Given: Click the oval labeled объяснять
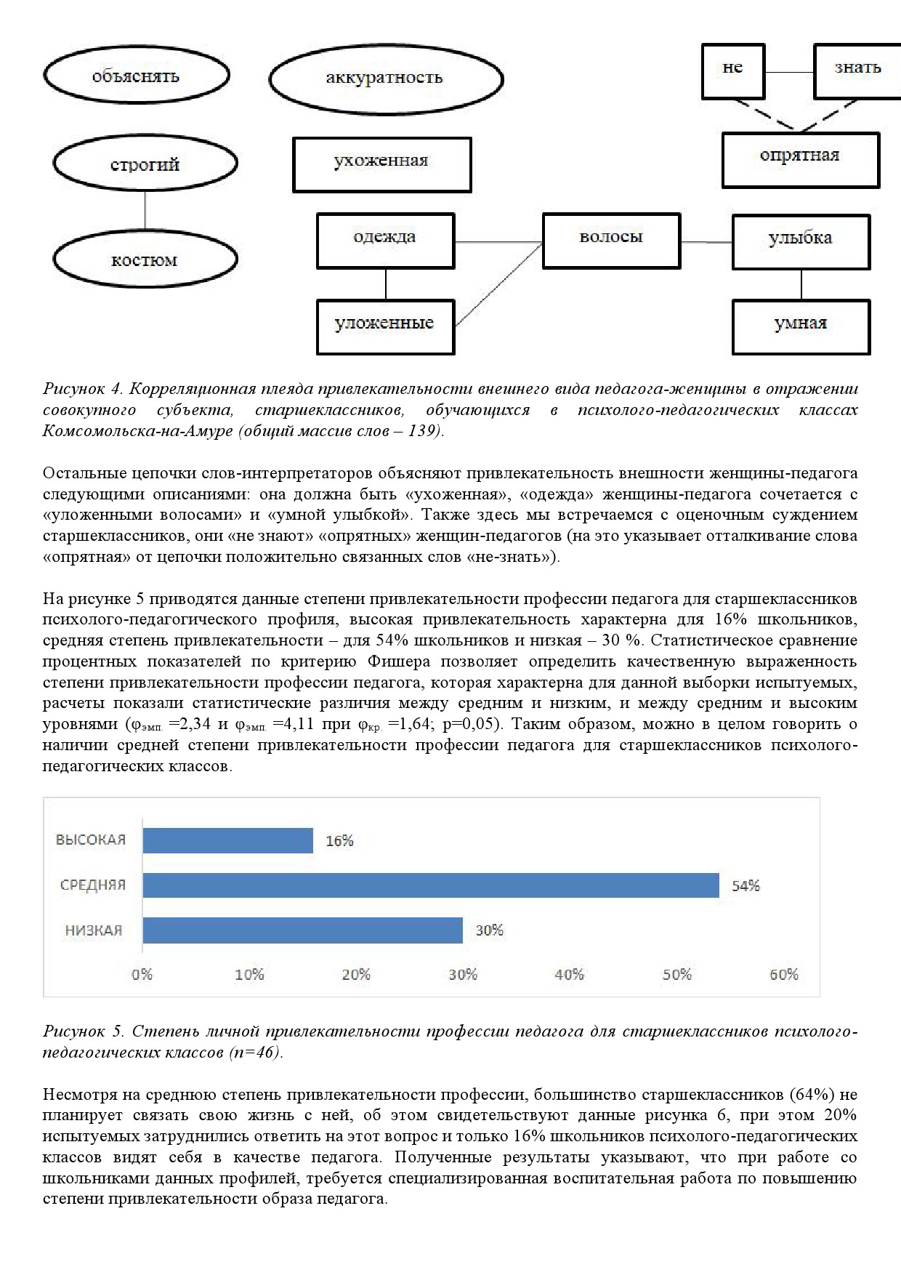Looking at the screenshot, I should pyautogui.click(x=136, y=76).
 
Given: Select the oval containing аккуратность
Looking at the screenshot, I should pyautogui.click(x=385, y=79).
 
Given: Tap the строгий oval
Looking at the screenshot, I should pyautogui.click(x=145, y=165).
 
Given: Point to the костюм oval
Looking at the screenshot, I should pyautogui.click(x=145, y=260).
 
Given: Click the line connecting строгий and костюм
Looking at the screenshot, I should pyautogui.click(x=145, y=212).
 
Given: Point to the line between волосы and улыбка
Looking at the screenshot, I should pyautogui.click(x=706, y=241).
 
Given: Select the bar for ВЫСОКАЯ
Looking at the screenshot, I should pyautogui.click(x=227, y=840).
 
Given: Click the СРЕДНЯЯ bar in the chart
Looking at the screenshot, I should pyautogui.click(x=430, y=885).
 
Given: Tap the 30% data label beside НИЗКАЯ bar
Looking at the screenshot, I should pyautogui.click(x=489, y=930).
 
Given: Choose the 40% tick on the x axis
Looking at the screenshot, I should pyautogui.click(x=569, y=975).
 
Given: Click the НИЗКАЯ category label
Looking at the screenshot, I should pyautogui.click(x=94, y=930).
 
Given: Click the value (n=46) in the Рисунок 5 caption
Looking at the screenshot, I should pyautogui.click(x=254, y=1052).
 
